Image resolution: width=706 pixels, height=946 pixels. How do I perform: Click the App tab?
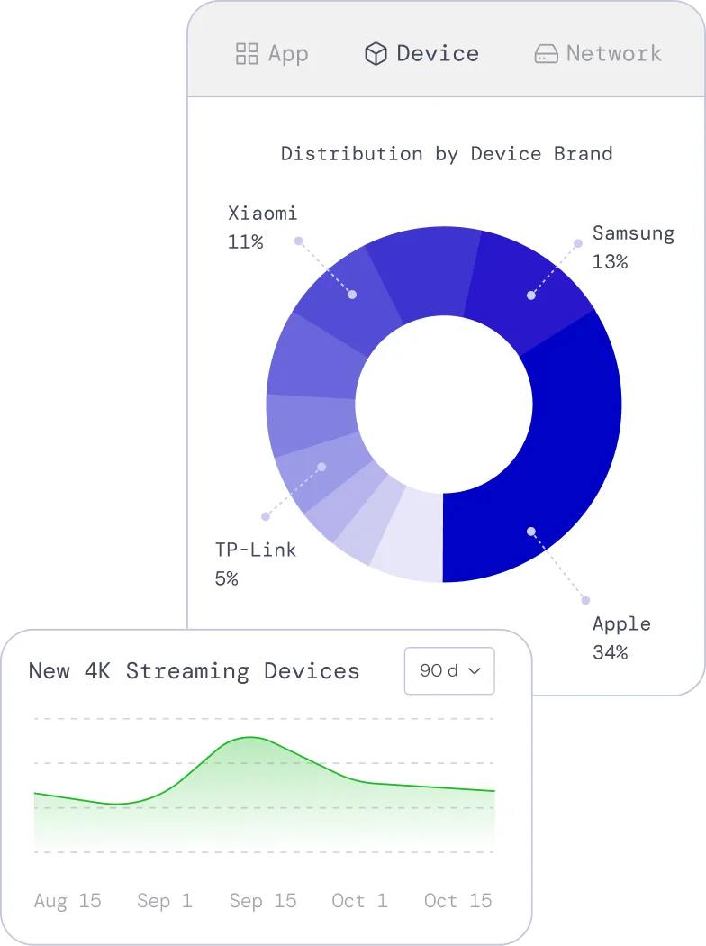coord(272,54)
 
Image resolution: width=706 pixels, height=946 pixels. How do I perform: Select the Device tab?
coord(421,54)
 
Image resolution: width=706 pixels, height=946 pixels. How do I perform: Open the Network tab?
coord(598,54)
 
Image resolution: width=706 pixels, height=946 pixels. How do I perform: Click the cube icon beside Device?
coord(375,54)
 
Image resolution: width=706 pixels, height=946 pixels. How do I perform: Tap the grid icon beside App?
coord(247,54)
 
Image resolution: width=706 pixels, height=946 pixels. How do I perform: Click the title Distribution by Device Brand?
coord(447,153)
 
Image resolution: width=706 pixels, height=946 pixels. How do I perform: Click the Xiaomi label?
coord(262,214)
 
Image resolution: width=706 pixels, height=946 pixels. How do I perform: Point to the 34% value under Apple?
coord(610,651)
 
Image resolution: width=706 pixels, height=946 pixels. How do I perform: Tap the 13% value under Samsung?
coord(610,261)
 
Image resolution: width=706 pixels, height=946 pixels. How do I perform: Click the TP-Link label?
coord(256,550)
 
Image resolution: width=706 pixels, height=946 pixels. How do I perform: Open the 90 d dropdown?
coord(449,670)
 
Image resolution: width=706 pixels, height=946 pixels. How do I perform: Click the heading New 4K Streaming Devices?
coord(194,671)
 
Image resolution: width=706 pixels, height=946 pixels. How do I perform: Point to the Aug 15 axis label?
coord(68,901)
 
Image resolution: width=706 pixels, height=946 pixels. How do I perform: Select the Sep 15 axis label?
coord(263,901)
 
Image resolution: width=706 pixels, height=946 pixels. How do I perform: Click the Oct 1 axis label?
coord(358,901)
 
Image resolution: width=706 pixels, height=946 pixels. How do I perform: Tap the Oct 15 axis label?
coord(458,901)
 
